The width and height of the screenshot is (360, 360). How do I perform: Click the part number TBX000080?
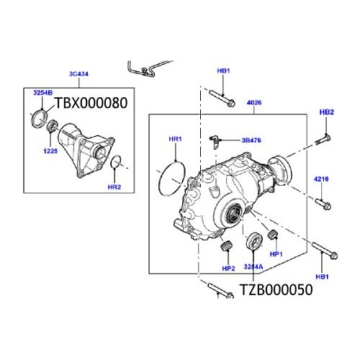91,103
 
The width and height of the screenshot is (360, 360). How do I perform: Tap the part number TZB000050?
276,289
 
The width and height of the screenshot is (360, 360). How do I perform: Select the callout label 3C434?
78,74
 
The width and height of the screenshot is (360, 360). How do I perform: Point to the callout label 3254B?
43,93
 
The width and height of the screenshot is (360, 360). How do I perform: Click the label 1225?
50,151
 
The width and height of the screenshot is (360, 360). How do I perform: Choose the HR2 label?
114,187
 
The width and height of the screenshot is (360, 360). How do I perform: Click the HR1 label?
176,139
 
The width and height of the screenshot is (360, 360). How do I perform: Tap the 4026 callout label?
254,103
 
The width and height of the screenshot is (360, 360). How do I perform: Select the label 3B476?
251,140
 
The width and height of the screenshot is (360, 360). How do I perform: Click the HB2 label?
327,112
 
